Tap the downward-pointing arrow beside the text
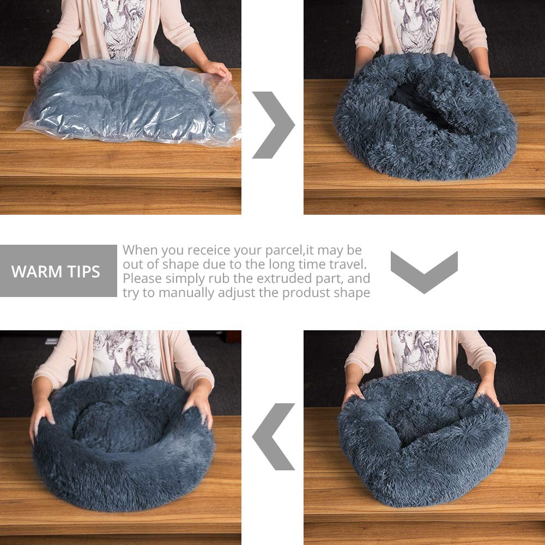(x=424, y=271)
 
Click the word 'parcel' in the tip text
(x=284, y=250)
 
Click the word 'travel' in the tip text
(x=347, y=264)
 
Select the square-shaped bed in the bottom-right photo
(x=422, y=436)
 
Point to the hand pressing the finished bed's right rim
(x=199, y=406)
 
